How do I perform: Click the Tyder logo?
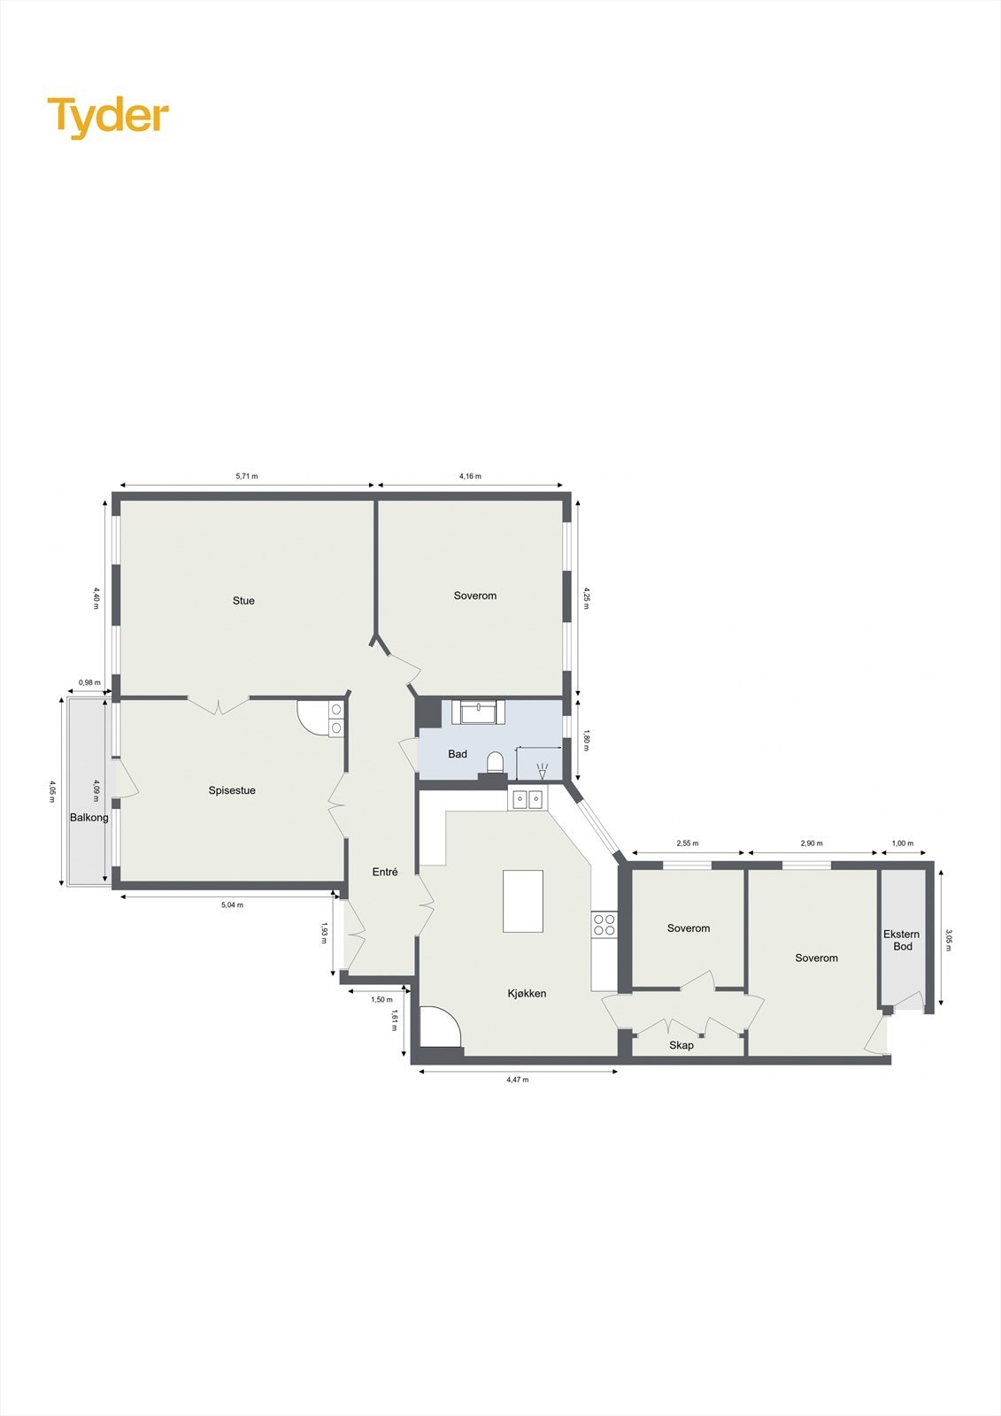point(107,117)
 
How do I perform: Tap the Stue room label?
point(243,601)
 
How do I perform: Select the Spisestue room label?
point(232,790)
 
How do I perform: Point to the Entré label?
point(385,872)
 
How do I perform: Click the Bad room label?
point(458,754)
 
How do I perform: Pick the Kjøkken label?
point(527,993)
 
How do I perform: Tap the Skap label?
point(681,1045)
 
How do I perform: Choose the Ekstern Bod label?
point(902,940)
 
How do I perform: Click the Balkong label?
point(89,818)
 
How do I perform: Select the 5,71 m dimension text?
point(247,476)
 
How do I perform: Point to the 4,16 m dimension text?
point(470,476)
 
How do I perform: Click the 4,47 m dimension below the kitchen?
point(518,1080)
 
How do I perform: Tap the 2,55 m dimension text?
point(688,843)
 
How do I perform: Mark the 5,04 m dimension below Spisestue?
point(232,904)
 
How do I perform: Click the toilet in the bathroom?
point(495,760)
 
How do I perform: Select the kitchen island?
point(523,901)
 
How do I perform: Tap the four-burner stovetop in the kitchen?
point(604,925)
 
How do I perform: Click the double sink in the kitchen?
point(528,799)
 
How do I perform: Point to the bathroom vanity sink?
point(479,711)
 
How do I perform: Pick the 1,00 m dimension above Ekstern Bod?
point(902,843)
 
